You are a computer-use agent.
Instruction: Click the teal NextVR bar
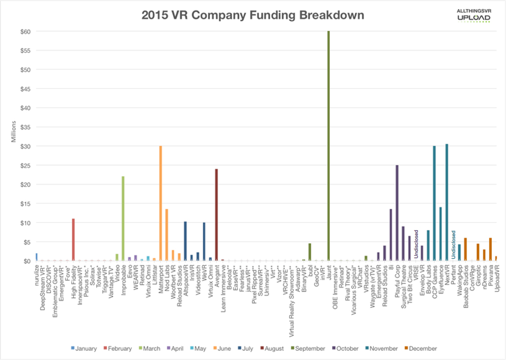(x=446, y=202)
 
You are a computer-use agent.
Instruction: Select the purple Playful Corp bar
(x=397, y=213)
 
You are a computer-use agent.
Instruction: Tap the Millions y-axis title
(x=15, y=131)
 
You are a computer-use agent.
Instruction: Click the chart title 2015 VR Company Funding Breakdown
(x=252, y=15)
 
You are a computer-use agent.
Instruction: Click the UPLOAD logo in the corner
(x=473, y=18)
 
